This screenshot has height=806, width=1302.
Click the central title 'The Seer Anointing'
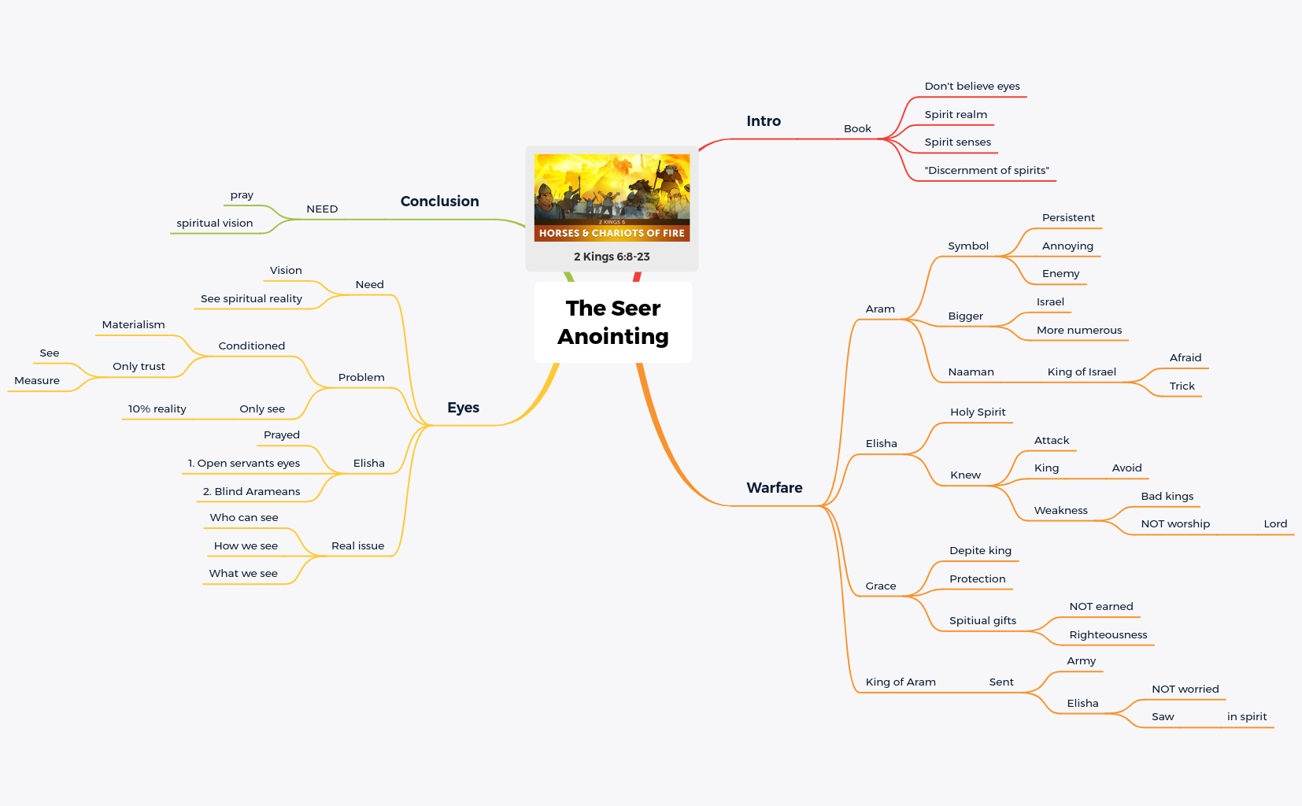pyautogui.click(x=612, y=322)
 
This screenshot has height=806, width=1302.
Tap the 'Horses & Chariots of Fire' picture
pyautogui.click(x=612, y=198)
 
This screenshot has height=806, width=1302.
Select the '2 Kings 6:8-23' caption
pyautogui.click(x=612, y=257)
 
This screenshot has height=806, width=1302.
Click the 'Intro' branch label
pyautogui.click(x=763, y=121)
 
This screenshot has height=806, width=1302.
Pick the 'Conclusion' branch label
pyautogui.click(x=439, y=201)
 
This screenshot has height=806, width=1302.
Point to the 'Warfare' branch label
pyautogui.click(x=774, y=488)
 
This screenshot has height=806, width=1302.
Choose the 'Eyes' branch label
pyautogui.click(x=463, y=408)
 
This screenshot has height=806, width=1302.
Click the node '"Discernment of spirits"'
pyautogui.click(x=986, y=171)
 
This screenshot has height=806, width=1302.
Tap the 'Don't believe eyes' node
pyautogui.click(x=971, y=87)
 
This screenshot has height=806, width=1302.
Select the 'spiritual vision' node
pyautogui.click(x=214, y=224)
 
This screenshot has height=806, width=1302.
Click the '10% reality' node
pyautogui.click(x=157, y=409)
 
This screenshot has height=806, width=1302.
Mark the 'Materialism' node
pyautogui.click(x=133, y=325)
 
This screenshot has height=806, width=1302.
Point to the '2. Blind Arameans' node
pyautogui.click(x=251, y=492)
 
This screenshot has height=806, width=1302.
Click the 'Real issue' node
pyautogui.click(x=357, y=546)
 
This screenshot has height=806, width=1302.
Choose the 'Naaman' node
pyautogui.click(x=971, y=372)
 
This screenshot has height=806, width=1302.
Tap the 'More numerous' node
pyautogui.click(x=1078, y=331)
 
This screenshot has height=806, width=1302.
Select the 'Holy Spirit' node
pyautogui.click(x=977, y=412)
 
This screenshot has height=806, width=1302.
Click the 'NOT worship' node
pyautogui.click(x=1174, y=524)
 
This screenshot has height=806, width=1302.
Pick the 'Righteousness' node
pyautogui.click(x=1108, y=635)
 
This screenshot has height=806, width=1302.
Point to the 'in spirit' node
pyautogui.click(x=1246, y=717)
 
